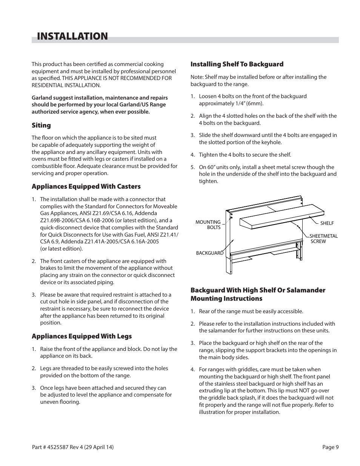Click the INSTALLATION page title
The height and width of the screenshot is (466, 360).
72,36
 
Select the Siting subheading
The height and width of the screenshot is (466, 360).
41,125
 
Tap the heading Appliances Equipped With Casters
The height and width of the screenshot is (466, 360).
86,186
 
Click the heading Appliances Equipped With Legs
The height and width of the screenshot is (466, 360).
82,336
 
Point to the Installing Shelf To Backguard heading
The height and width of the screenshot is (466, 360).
237,64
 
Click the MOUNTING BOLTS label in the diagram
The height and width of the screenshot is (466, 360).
208,225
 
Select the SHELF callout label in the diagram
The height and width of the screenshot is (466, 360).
327,223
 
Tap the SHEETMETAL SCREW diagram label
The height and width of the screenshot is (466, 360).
323,239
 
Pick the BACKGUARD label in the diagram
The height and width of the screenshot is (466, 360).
209,253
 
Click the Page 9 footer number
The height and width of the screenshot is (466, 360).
331,447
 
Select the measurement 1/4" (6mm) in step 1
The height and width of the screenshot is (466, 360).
249,103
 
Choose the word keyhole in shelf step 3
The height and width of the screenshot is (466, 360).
272,142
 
